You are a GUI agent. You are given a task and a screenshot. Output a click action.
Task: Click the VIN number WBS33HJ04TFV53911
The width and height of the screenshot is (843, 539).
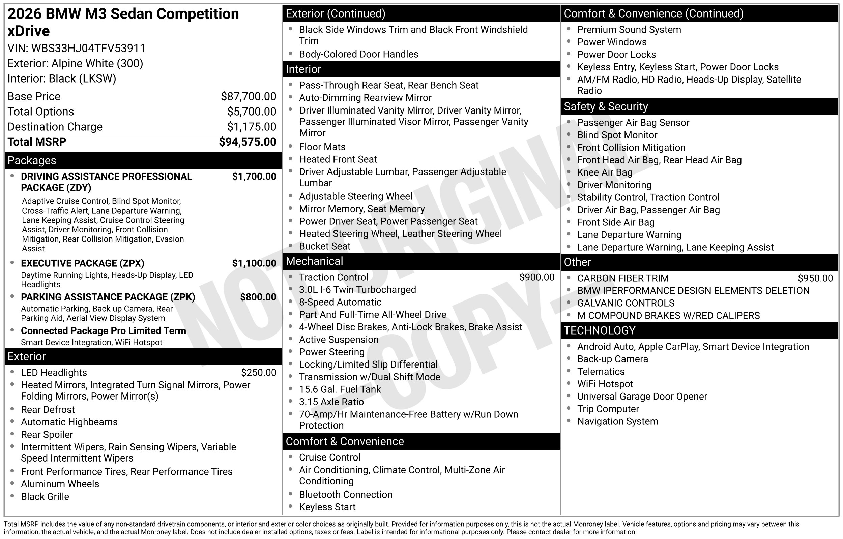pos(88,48)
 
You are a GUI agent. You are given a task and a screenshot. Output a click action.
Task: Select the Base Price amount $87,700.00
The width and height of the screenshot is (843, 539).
pos(248,96)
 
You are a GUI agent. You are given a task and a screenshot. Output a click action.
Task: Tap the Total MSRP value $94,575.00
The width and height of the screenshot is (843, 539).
pos(247,142)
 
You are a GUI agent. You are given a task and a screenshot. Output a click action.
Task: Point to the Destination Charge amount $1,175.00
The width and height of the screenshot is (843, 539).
pos(252,126)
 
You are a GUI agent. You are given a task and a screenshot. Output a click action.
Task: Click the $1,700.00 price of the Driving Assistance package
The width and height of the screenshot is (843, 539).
pos(254,177)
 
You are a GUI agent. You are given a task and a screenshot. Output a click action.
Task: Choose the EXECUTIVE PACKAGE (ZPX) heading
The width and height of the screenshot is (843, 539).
pos(82,263)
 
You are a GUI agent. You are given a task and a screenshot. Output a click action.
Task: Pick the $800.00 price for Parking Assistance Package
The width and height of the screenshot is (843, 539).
pos(258,297)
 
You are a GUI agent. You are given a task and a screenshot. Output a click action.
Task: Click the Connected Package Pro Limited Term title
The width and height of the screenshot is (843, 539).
pos(103,331)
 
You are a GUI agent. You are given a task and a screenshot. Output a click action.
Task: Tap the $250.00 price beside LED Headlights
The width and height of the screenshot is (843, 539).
pos(259,372)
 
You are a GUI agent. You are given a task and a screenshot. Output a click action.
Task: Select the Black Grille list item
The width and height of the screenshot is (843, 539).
pos(45,496)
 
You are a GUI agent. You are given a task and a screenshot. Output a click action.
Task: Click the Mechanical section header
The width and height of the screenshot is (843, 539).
pos(314,261)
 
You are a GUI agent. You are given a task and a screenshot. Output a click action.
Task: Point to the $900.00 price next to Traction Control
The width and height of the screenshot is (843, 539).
pos(536,277)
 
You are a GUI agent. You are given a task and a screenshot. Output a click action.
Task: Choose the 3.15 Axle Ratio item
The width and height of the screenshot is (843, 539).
pos(331,402)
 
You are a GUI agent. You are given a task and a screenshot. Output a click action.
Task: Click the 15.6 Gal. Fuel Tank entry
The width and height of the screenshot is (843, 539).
pos(340,389)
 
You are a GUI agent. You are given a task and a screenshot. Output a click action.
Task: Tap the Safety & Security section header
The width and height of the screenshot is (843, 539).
pos(606,106)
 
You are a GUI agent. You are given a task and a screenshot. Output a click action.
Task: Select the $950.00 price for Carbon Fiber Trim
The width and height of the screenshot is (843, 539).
pos(815,278)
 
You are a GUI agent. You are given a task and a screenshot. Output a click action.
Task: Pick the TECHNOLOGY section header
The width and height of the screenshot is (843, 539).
pos(599,330)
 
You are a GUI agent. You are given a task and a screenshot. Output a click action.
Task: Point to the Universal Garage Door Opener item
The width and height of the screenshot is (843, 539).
pos(642,396)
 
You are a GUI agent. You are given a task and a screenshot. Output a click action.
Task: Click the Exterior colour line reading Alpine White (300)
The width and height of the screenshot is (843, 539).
pos(75,63)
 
